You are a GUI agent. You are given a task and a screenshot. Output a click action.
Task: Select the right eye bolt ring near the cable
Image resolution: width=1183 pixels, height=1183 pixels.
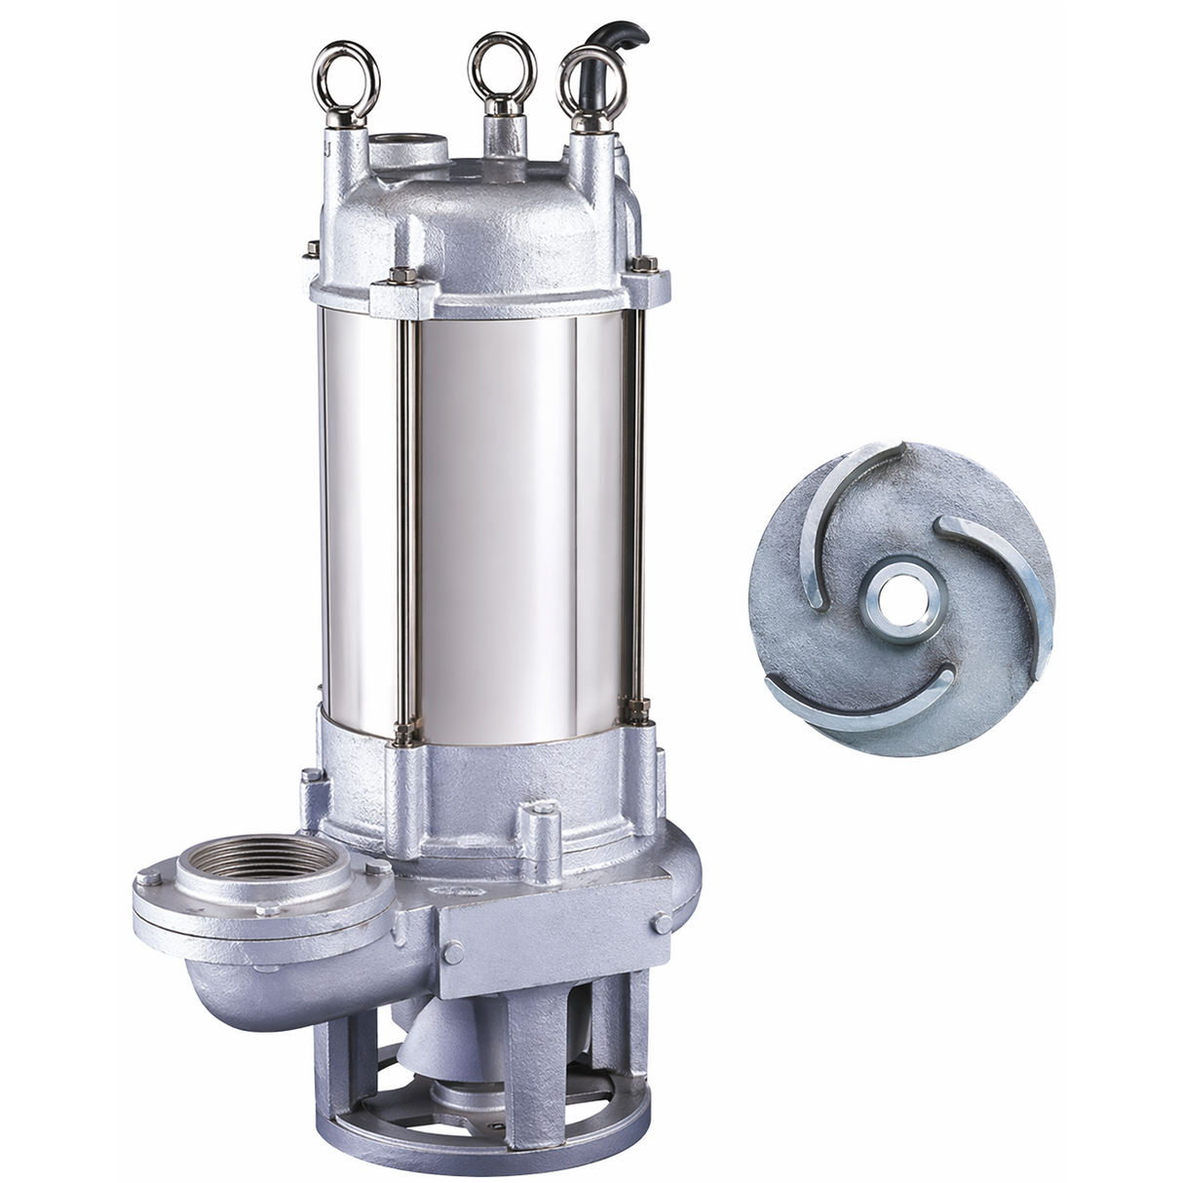tap(590, 81)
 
